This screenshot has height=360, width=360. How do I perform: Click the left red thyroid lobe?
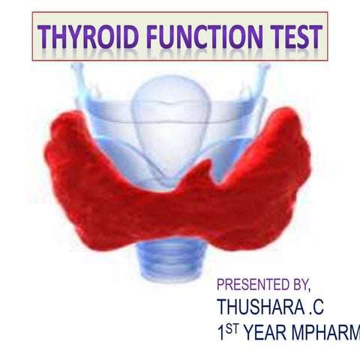[90, 172]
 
